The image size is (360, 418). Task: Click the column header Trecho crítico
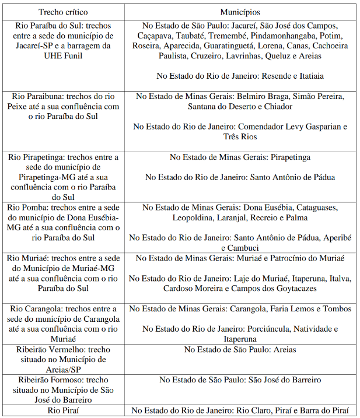[60, 12]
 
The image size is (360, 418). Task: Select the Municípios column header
[240, 12]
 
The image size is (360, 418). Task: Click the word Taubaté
[195, 36]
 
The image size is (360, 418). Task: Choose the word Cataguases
[316, 208]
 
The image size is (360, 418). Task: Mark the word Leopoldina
[195, 217]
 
